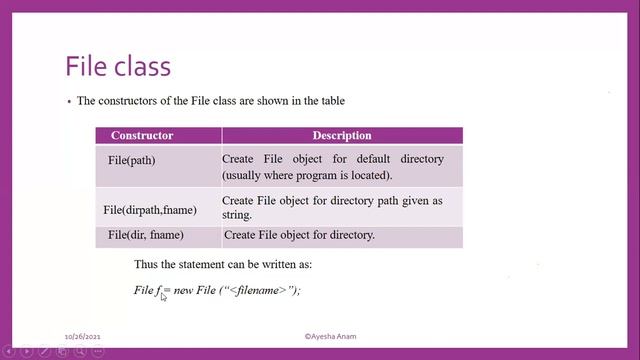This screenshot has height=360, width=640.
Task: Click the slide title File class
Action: tap(118, 66)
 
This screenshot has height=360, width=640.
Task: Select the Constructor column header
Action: tap(142, 135)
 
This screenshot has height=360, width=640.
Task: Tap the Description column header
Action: tap(342, 135)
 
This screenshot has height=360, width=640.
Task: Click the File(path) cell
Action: tap(132, 160)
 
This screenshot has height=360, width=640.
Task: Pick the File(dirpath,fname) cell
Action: tap(150, 210)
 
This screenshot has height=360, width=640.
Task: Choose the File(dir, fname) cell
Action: tap(146, 235)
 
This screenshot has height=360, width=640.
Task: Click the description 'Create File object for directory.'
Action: tap(299, 235)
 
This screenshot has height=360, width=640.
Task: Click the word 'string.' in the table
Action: tap(239, 215)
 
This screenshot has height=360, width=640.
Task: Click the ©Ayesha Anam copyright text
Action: tap(334, 338)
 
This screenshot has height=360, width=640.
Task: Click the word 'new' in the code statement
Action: tap(182, 290)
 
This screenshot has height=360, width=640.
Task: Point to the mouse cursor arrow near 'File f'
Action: tap(164, 296)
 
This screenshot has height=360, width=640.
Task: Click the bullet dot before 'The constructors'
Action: tap(67, 101)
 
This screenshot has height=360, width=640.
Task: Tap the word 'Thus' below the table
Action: tap(146, 265)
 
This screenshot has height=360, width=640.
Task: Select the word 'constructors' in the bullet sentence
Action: tap(128, 101)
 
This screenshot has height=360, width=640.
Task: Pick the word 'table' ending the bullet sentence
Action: tap(334, 101)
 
